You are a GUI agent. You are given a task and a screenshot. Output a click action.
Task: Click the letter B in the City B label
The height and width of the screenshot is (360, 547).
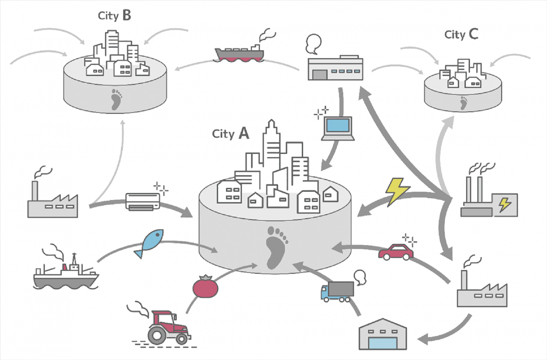[127, 15]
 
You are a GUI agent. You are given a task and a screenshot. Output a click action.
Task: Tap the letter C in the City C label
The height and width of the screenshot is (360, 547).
[473, 34]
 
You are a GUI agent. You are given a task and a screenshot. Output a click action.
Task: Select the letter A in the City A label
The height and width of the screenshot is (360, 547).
[244, 133]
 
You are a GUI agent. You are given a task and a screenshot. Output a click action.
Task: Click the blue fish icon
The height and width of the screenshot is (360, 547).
[150, 242]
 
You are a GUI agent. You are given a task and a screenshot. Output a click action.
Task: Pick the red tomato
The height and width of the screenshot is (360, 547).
[205, 287]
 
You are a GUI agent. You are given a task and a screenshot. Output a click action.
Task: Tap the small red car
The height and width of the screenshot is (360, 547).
[396, 252]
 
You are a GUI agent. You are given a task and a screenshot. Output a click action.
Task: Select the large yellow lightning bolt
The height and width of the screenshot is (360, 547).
[397, 191]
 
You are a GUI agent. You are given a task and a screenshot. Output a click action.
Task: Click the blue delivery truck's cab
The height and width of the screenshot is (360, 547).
[325, 292]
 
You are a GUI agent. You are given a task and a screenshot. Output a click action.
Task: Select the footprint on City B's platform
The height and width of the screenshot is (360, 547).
[116, 99]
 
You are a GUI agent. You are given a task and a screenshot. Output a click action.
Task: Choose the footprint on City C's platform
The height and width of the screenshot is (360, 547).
[463, 103]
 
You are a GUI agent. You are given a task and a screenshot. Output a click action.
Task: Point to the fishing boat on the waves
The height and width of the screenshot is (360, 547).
[66, 275]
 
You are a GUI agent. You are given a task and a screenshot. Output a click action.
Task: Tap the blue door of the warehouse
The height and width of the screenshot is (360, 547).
[383, 343]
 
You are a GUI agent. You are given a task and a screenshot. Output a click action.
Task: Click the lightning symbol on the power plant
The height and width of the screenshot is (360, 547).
[505, 204]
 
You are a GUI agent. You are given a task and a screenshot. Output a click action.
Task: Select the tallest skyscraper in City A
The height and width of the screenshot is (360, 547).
[271, 146]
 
